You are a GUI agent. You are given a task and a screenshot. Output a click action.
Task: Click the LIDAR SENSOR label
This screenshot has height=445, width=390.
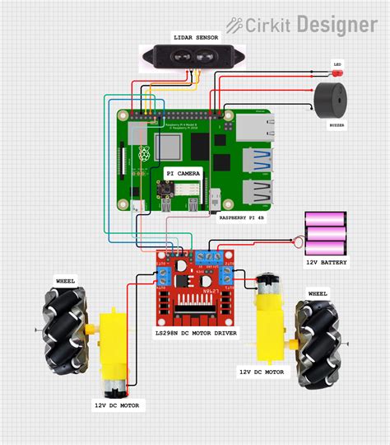[195, 37]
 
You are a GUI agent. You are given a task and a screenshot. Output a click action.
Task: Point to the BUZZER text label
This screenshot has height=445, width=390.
[337, 125]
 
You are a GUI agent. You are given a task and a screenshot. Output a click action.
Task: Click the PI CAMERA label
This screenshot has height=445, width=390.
[183, 174]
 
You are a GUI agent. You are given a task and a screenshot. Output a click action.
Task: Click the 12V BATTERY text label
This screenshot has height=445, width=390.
[326, 263]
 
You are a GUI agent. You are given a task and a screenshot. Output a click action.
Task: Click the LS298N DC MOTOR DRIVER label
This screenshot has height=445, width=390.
[196, 333]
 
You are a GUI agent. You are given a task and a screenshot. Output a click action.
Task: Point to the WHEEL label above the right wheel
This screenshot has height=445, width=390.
[318, 293]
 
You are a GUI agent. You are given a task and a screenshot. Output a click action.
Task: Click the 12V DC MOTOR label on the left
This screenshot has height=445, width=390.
[117, 405]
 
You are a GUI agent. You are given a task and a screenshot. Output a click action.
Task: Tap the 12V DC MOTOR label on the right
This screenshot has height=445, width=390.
[262, 372]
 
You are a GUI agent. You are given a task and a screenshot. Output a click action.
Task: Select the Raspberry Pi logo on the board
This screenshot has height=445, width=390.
[145, 154]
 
